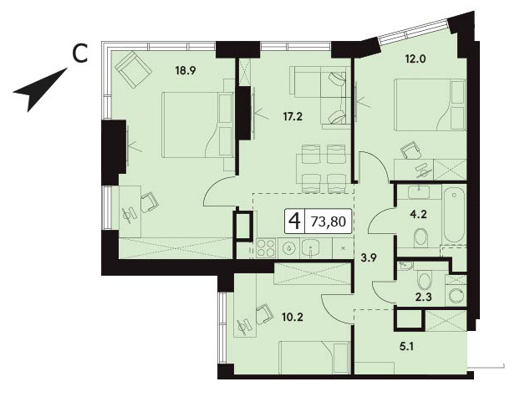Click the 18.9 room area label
click(x=185, y=71)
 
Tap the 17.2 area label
click(x=292, y=117)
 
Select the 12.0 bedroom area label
click(x=415, y=59)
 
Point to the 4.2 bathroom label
click(x=419, y=215)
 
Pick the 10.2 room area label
click(x=293, y=317)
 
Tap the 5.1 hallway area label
click(x=406, y=347)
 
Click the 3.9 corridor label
click(x=370, y=257)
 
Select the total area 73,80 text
click(x=329, y=221)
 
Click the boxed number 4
click(x=295, y=221)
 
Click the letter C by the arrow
click(x=80, y=54)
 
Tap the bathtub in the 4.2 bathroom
click(x=454, y=215)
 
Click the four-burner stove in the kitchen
click(x=266, y=248)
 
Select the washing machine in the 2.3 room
click(x=456, y=296)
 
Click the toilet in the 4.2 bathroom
click(x=421, y=237)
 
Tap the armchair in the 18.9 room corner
click(x=133, y=69)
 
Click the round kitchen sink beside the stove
click(x=288, y=248)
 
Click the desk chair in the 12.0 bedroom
click(x=410, y=150)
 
